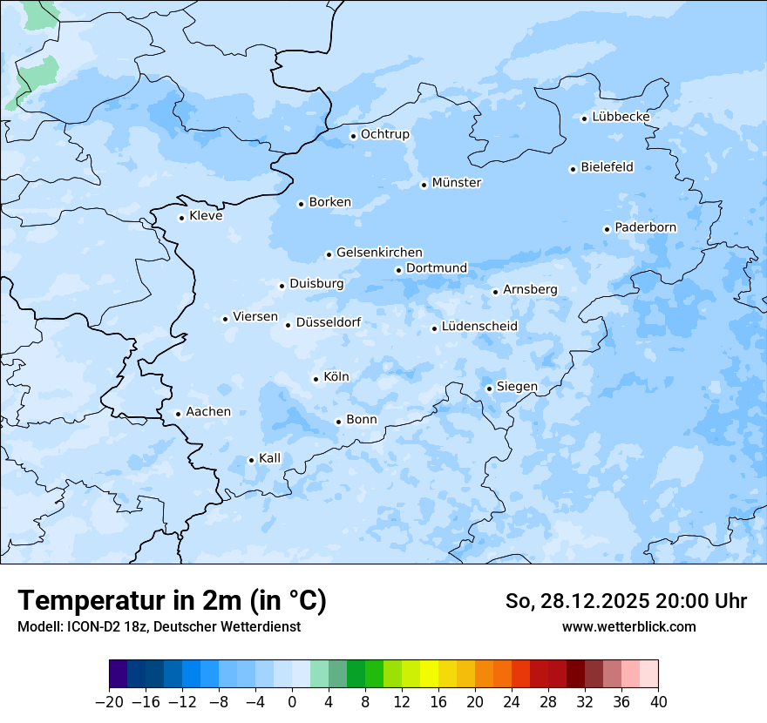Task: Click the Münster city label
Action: click(457, 183)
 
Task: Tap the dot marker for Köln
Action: click(316, 379)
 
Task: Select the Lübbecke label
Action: click(621, 117)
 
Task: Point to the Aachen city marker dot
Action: click(178, 415)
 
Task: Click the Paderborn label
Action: click(645, 227)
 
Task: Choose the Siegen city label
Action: click(517, 387)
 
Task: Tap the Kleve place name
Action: click(206, 216)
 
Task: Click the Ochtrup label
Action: click(384, 134)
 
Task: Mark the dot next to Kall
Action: click(251, 460)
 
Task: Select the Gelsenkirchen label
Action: click(379, 253)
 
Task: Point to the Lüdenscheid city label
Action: click(479, 327)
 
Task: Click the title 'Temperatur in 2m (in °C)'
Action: click(172, 601)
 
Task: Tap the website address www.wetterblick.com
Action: click(628, 626)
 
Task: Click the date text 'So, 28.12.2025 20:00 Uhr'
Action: click(626, 601)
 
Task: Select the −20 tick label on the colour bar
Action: click(109, 702)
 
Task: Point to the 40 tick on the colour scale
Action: click(658, 702)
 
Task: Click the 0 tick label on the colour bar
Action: click(292, 702)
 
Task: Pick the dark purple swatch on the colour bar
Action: click(118, 674)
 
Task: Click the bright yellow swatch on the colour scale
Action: click(429, 674)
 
